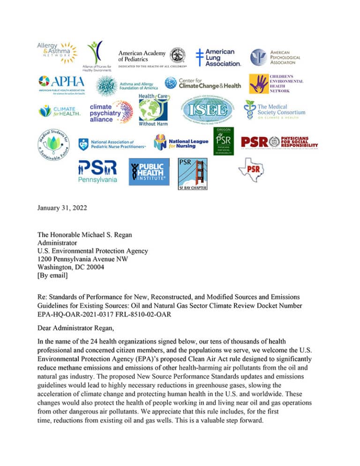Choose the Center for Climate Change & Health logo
click(x=202, y=83)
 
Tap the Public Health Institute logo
click(x=149, y=172)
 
